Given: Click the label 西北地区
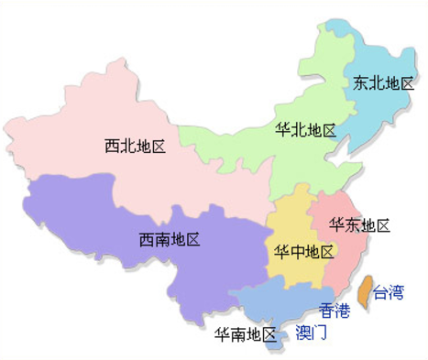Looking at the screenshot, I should (x=135, y=147).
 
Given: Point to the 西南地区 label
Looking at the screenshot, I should (x=169, y=240).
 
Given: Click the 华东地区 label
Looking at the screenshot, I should (x=360, y=225).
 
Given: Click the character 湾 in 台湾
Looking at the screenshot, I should (x=395, y=292).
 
